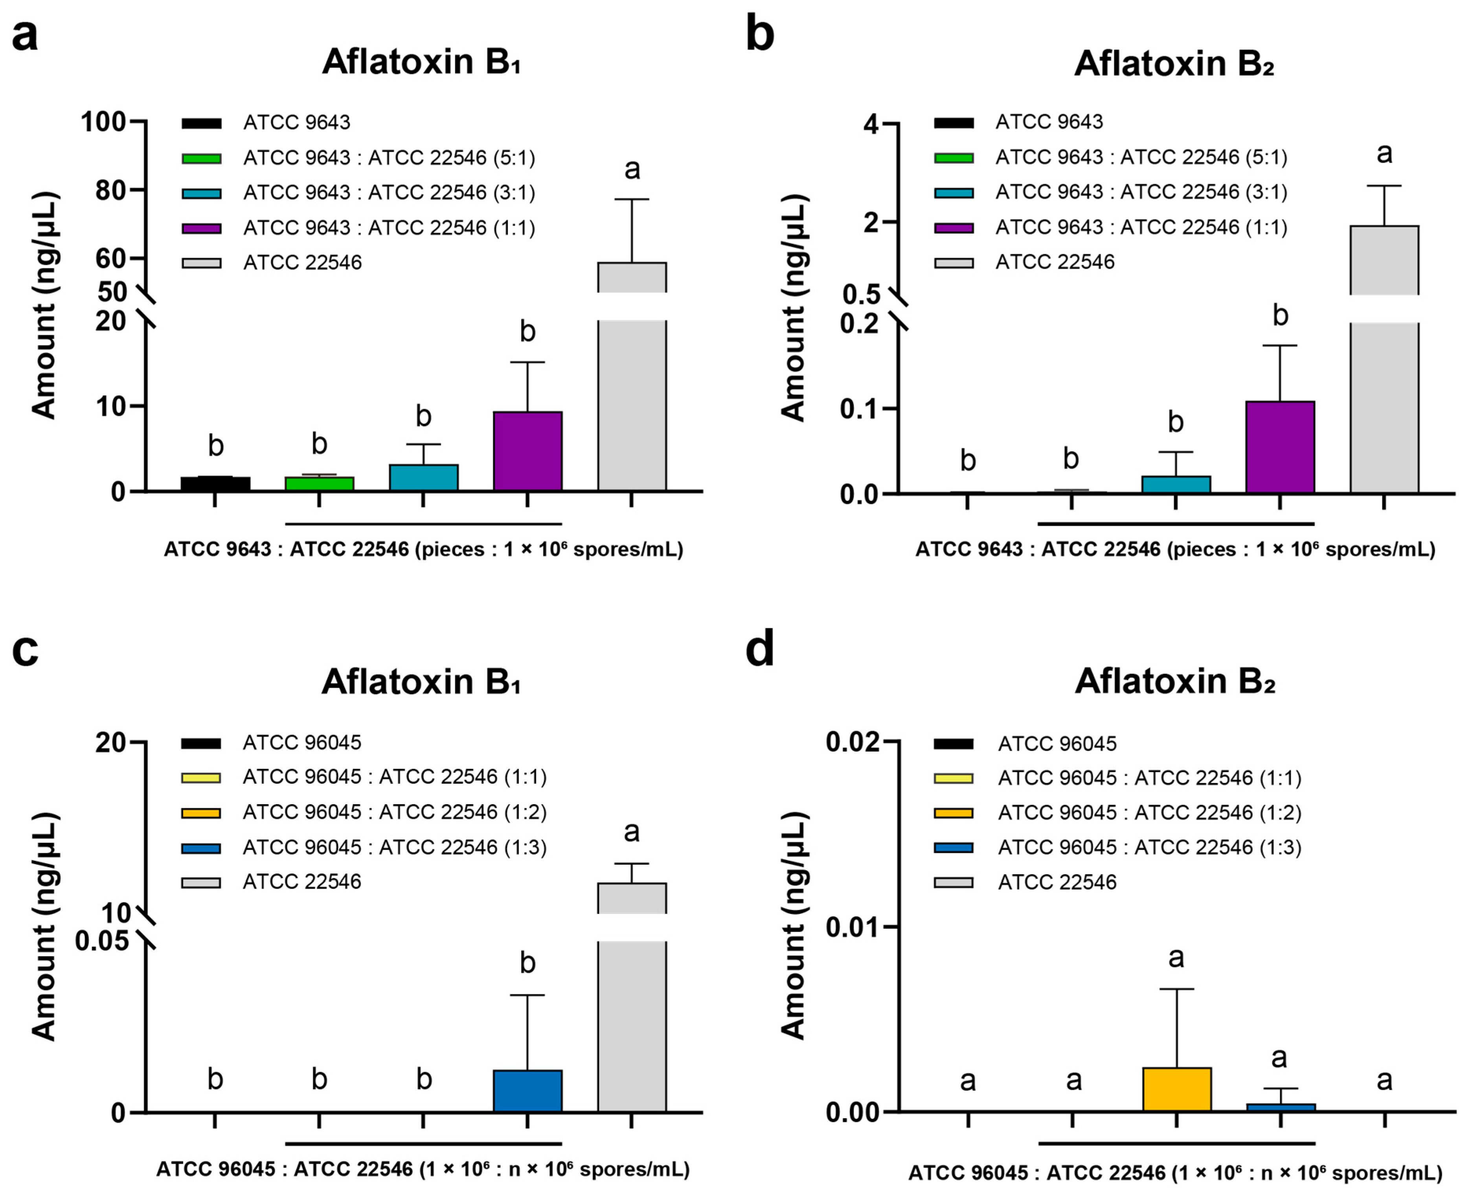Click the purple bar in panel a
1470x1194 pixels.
pos(527,451)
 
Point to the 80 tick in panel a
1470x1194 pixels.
pos(110,191)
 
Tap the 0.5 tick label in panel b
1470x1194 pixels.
pos(861,294)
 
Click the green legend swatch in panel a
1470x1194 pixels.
pos(202,158)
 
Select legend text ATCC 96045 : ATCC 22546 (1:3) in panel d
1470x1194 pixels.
pos(1149,847)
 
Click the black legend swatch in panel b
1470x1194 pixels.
pos(954,123)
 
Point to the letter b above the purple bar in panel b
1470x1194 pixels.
pos(1280,316)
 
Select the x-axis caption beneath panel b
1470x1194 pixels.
pos(1175,550)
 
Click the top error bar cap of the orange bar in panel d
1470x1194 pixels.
pos(1176,989)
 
